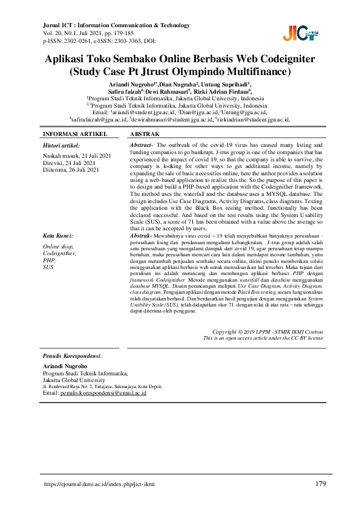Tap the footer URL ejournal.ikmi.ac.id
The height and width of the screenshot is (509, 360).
coord(99,485)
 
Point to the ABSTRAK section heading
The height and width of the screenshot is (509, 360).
coord(145,134)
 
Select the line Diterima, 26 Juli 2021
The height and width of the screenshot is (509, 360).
coord(71,170)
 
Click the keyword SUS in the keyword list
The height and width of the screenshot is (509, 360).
coord(48,267)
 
